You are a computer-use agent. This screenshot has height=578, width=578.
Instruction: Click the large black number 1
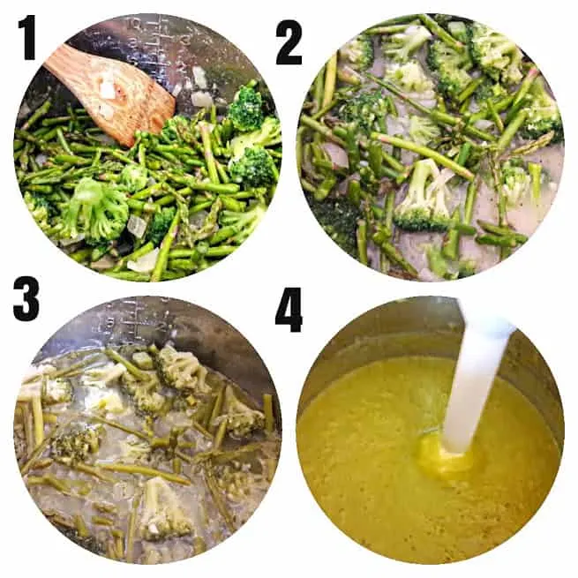pyautogui.click(x=27, y=38)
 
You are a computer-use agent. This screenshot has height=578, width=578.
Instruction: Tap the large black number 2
pyautogui.click(x=289, y=42)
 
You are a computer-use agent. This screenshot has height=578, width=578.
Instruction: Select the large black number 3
pyautogui.click(x=26, y=298)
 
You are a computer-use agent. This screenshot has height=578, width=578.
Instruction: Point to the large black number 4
pyautogui.click(x=289, y=310)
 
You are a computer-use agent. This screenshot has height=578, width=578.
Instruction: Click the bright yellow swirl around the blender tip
pyautogui.click(x=444, y=454)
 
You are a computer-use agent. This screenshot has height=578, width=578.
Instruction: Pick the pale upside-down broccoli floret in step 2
pyautogui.click(x=424, y=195)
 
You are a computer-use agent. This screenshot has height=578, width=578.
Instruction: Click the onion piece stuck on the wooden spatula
pyautogui.click(x=108, y=88)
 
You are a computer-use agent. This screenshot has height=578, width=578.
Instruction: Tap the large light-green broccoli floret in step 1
pyautogui.click(x=98, y=210)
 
